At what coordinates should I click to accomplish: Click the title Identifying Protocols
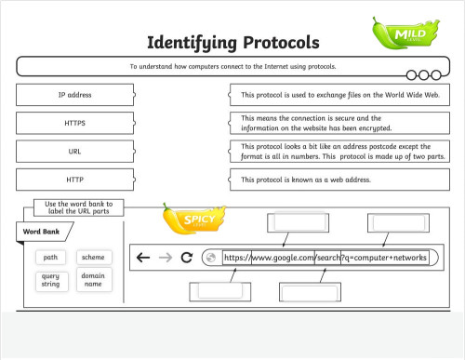pos(232,43)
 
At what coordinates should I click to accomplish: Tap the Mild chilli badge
pos(404,33)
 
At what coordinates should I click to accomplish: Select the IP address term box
pos(75,95)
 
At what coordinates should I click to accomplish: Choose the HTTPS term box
pos(75,123)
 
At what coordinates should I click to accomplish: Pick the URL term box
pos(75,151)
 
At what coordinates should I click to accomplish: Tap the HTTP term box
pos(75,179)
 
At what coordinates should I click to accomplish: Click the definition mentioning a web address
pos(339,179)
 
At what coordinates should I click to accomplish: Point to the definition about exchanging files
pos(339,95)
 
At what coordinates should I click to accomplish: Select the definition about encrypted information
pos(339,123)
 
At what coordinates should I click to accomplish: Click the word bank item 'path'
pos(50,257)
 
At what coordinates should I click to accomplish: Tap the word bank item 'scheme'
pos(93,257)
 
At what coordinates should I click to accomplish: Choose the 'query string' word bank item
pos(50,280)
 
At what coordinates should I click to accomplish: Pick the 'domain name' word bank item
pos(93,280)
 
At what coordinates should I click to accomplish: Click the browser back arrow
pos(142,258)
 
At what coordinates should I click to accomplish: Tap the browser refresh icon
pos(186,258)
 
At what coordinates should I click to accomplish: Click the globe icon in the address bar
pos(210,258)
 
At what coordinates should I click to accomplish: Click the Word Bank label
pos(41,232)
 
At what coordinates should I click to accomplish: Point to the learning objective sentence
pos(232,67)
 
